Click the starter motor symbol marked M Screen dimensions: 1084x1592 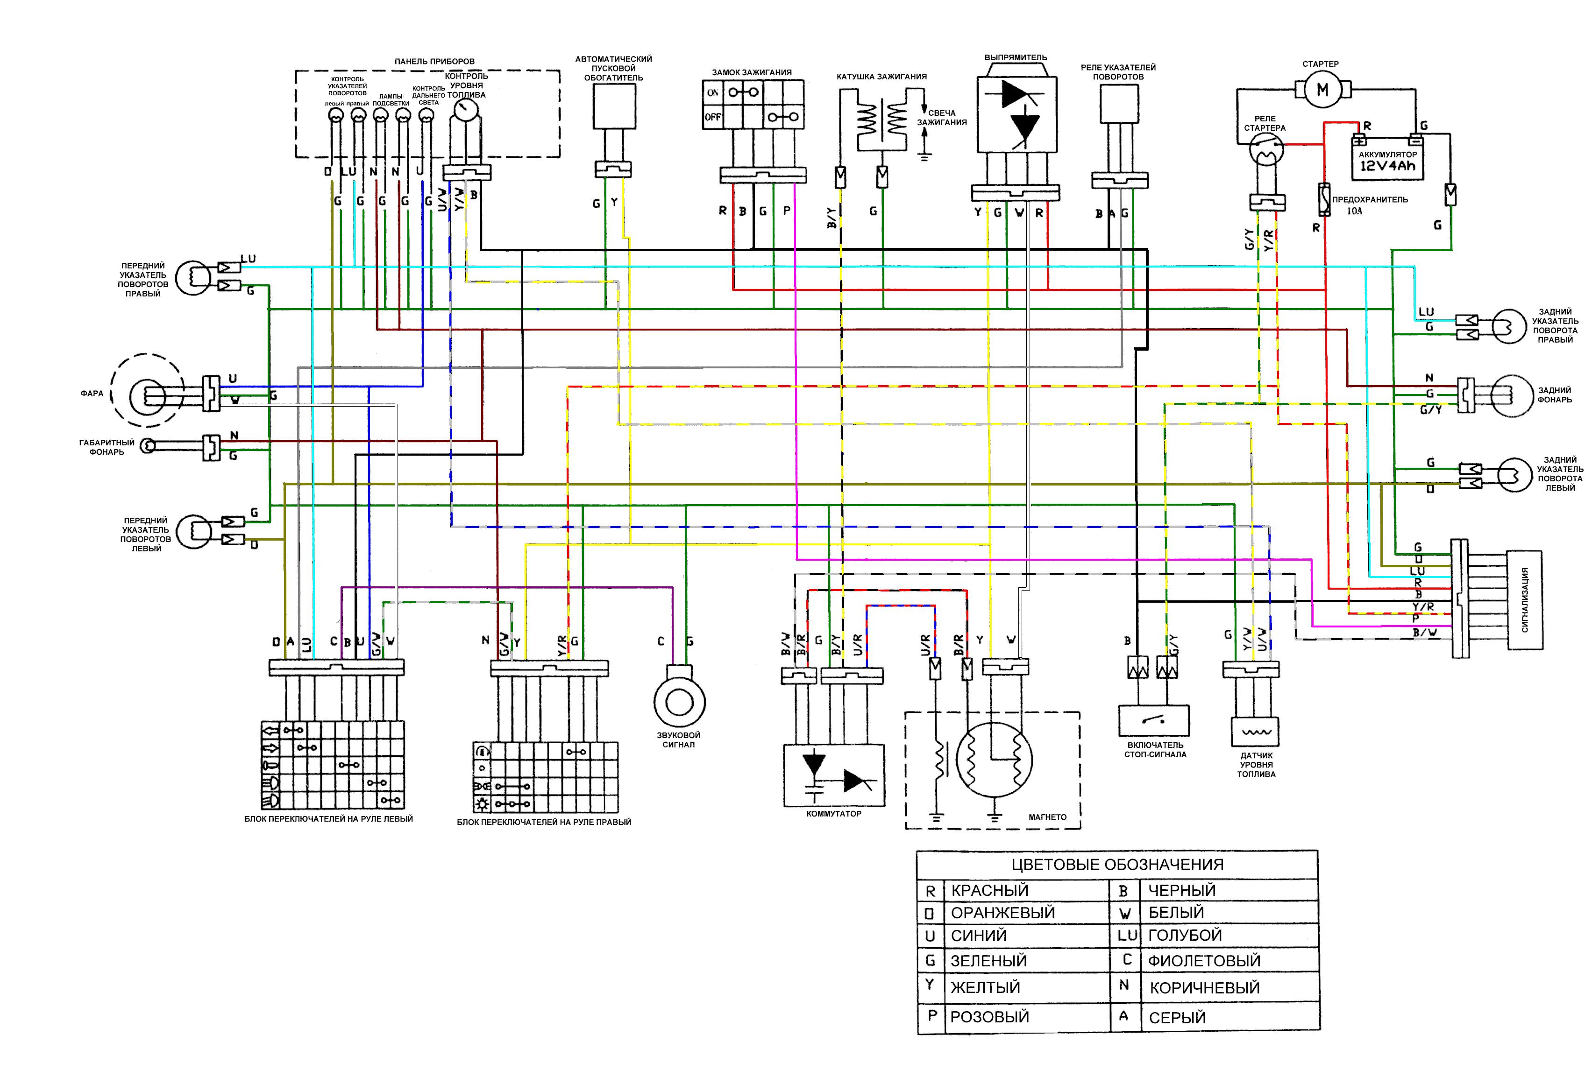1322,90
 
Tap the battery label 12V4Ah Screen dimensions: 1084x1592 1387,166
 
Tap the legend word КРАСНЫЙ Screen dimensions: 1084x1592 990,890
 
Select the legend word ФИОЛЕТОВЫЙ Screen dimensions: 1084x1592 1204,961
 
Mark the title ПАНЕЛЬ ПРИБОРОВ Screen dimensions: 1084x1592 434,62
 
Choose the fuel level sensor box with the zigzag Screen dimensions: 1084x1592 1255,731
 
